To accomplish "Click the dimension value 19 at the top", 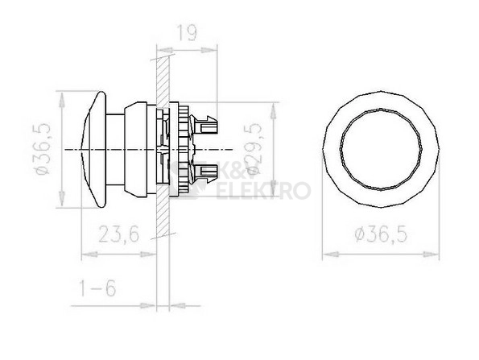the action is tap(187, 33).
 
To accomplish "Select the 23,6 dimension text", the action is tap(119, 234).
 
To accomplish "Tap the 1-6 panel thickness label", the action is tap(97, 288).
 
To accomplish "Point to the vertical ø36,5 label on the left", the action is tap(42, 149).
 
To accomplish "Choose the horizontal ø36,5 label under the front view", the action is tap(381, 234).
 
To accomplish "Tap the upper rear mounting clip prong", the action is tap(204, 124).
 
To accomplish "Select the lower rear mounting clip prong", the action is tap(204, 173).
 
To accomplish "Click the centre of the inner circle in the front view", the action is tap(381, 150).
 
